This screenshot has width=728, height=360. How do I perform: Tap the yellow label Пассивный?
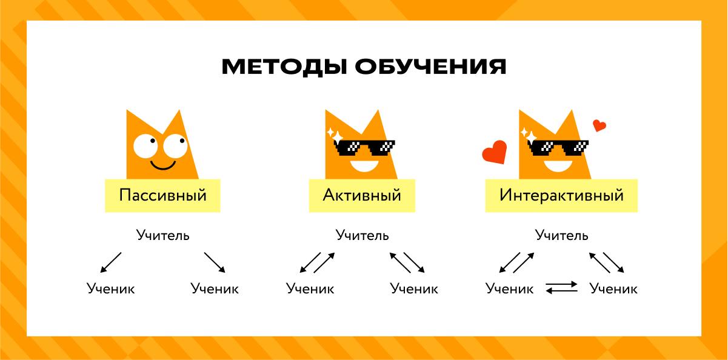point(162,195)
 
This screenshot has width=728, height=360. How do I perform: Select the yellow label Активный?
point(362,195)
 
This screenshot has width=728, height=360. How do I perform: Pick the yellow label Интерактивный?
point(561,195)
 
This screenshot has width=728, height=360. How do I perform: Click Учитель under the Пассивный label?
point(163,235)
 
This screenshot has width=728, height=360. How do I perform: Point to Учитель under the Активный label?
point(362,235)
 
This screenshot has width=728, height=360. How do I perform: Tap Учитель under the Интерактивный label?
point(561,235)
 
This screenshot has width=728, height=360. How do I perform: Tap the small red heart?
point(599,125)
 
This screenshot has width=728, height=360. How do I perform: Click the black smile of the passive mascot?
point(163,165)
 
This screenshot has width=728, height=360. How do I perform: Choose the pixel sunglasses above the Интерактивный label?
point(558,147)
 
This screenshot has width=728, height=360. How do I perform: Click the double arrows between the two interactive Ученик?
point(561,288)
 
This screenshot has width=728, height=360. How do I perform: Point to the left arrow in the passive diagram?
point(110,262)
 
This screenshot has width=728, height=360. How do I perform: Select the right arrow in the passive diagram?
point(215,262)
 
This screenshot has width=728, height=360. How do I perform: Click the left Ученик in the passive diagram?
point(110,288)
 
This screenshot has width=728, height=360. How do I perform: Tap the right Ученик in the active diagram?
point(415,288)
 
